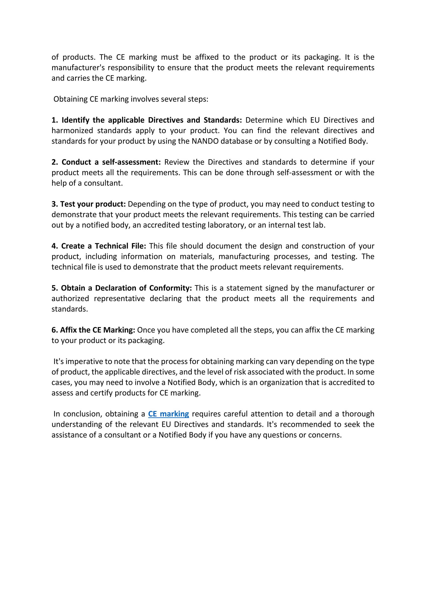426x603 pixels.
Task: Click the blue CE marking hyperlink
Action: point(168,414)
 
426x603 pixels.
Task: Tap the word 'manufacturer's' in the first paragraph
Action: point(78,68)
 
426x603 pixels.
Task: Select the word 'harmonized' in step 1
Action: point(72,131)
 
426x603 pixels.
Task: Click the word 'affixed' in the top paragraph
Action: point(207,57)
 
